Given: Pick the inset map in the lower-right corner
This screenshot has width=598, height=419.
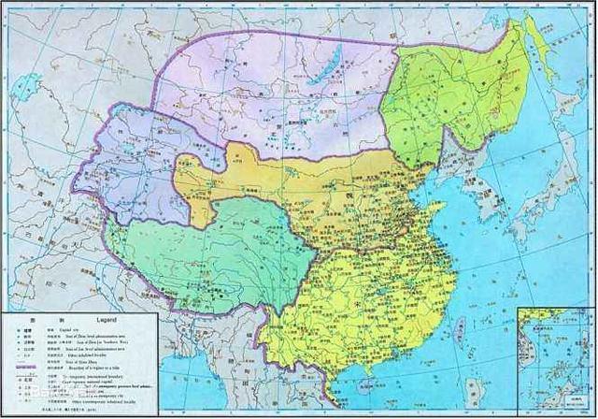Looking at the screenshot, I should coord(555,360).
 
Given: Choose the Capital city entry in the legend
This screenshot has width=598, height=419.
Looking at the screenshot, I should coord(56,330).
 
